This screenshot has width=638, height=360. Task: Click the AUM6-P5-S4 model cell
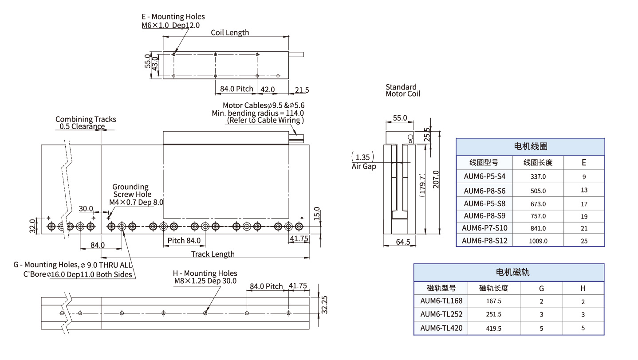coord(484,176)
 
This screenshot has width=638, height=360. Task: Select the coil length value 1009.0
coord(538,241)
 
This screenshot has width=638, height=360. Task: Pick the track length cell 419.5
coord(493,328)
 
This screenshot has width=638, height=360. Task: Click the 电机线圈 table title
coord(530,147)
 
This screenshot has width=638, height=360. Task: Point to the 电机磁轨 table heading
coord(508,272)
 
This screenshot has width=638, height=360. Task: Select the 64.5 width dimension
coord(403,242)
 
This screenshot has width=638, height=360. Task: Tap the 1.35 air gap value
coord(362,157)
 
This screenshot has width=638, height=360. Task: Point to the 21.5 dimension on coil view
coord(302,90)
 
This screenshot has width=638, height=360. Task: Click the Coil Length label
coord(229,32)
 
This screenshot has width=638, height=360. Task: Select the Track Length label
coord(213,254)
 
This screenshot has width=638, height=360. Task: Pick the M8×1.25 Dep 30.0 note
coord(205,281)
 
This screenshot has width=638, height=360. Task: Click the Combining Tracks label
coord(86,119)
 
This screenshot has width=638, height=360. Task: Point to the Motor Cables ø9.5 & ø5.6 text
coord(264,106)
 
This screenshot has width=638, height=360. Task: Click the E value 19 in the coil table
coord(584,216)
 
